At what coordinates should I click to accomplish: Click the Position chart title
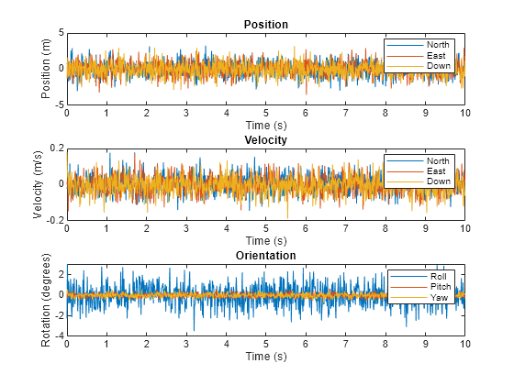coord(265,24)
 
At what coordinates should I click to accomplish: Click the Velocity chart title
coord(265,139)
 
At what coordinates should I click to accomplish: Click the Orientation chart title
coord(265,255)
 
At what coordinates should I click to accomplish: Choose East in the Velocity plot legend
coord(438,170)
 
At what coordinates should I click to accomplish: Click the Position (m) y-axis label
coord(47,68)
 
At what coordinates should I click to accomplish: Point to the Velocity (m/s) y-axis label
coord(37,183)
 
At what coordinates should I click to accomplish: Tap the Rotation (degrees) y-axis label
coord(47,299)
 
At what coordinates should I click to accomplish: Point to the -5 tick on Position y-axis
coord(58,104)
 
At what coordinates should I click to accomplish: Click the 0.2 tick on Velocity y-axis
coord(55,148)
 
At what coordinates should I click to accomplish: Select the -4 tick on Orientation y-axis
coord(58,335)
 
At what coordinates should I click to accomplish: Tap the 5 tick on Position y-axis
coord(60,32)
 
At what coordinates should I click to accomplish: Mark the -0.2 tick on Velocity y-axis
coord(53,220)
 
